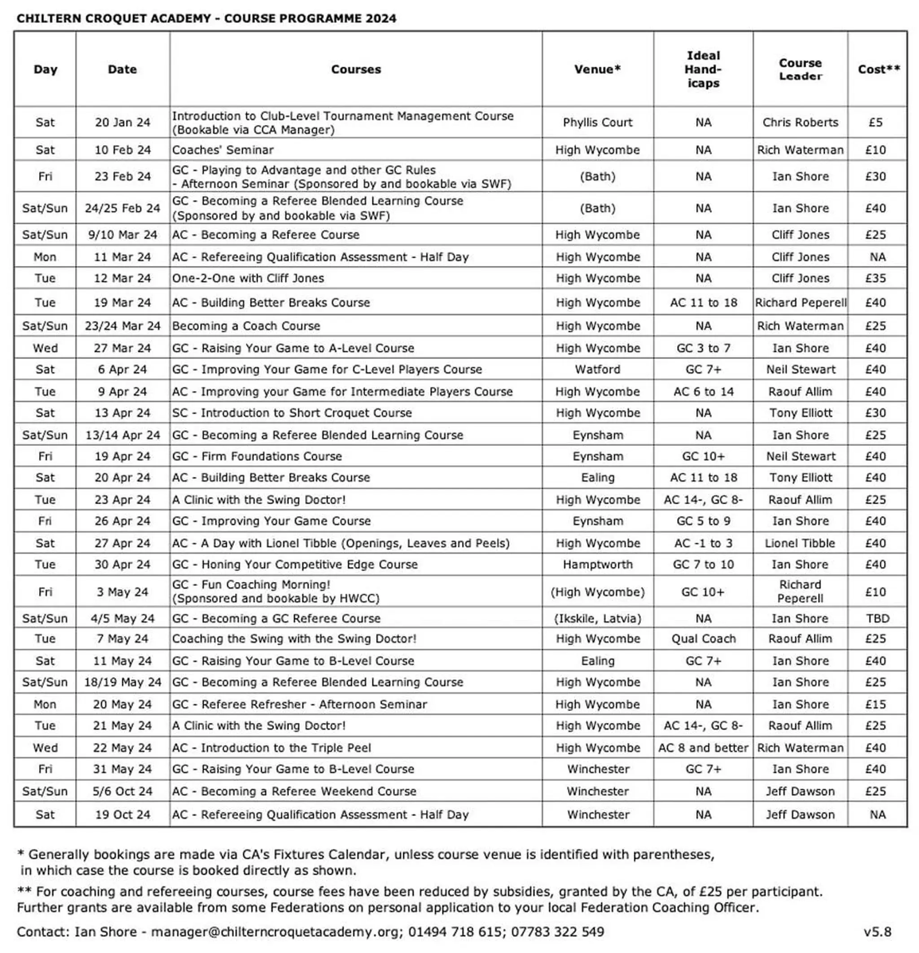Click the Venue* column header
(597, 70)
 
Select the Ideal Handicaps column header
(703, 70)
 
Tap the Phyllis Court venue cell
(597, 122)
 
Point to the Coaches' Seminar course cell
(223, 150)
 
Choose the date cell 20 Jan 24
(123, 122)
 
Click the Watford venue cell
(597, 370)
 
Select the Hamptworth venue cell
(598, 564)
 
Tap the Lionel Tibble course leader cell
(800, 543)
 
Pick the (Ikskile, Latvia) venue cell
(598, 618)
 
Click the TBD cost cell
(877, 618)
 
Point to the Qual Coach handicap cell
(703, 639)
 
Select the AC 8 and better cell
(703, 748)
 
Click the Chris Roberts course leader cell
(800, 122)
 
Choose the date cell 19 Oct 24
(123, 814)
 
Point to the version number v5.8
(877, 931)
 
